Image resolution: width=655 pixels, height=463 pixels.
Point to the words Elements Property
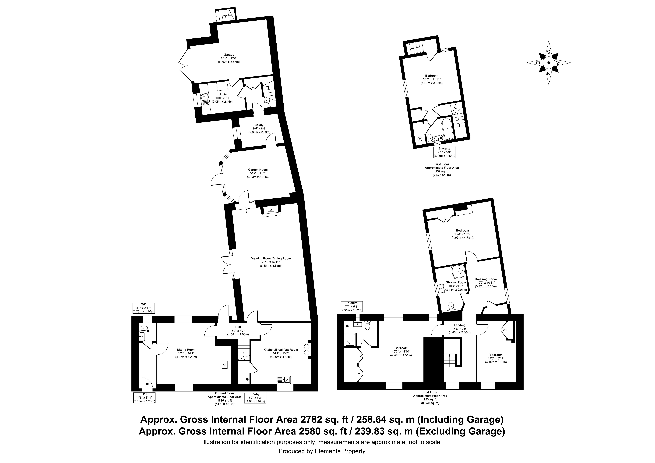(x=340, y=451)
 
